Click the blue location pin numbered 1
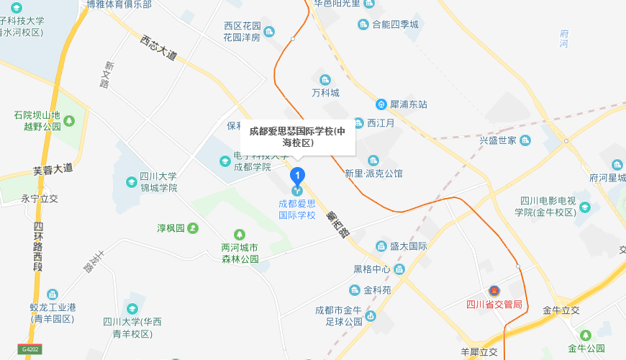click(x=296, y=175)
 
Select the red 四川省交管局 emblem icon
click(x=494, y=291)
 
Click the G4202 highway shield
click(x=30, y=349)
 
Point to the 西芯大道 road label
click(x=158, y=48)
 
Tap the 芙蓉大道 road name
click(x=53, y=170)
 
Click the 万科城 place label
click(x=325, y=93)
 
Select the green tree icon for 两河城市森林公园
click(x=240, y=234)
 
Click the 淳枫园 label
click(x=171, y=228)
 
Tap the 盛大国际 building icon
click(x=381, y=246)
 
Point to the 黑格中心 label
click(x=371, y=269)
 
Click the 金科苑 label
click(x=377, y=290)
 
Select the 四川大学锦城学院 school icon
click(x=131, y=181)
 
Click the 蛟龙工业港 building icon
click(x=53, y=294)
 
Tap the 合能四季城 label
click(x=394, y=24)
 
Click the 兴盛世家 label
click(x=498, y=140)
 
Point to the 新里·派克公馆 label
click(x=373, y=174)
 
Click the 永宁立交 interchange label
click(x=40, y=199)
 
